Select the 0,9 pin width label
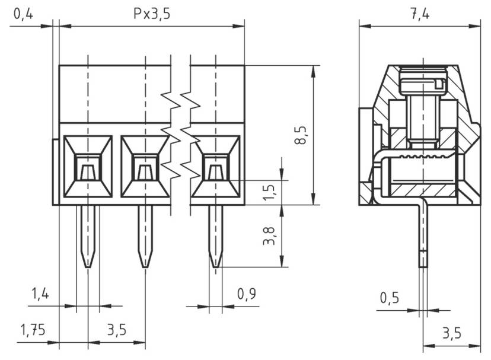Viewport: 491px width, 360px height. (247, 293)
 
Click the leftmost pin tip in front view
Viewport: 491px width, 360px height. (88, 261)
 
